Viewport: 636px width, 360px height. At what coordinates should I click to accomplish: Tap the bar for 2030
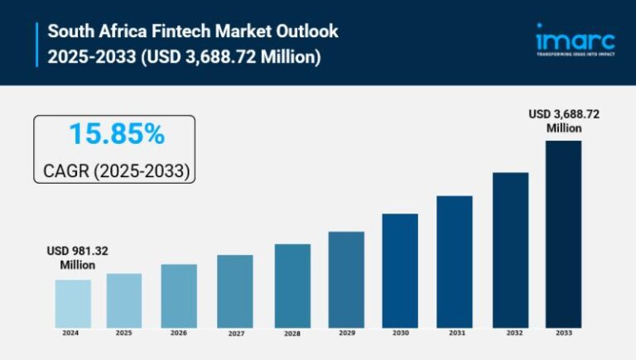400,270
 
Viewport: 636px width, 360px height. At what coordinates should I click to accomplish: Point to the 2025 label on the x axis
124,334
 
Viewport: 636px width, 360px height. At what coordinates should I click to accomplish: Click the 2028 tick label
292,334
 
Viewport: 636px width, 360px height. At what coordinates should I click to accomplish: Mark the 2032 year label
510,334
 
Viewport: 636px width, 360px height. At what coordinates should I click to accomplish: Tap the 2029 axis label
346,334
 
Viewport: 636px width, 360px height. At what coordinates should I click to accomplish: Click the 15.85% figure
116,134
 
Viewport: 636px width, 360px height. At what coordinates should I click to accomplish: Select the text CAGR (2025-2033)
116,170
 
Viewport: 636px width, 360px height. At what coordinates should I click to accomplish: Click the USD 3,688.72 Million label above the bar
563,121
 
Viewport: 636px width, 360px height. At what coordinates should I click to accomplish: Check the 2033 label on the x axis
564,334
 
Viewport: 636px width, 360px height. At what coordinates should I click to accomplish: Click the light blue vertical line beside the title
38,44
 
